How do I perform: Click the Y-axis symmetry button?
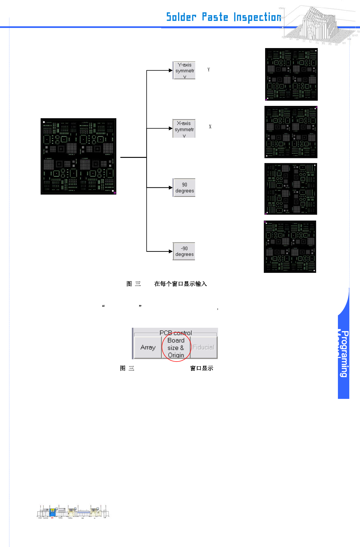[x=184, y=70]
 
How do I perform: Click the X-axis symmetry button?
[x=184, y=129]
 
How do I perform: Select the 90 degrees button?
[x=184, y=188]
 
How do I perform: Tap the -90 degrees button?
[x=184, y=251]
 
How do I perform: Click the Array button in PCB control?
[x=148, y=348]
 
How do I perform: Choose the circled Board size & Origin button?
[x=176, y=348]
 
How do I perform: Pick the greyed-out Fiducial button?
[x=203, y=348]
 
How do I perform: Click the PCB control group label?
[x=175, y=333]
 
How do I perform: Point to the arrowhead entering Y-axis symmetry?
[x=171, y=70]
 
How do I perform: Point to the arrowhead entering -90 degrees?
[x=171, y=251]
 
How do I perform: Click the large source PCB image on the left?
[x=78, y=156]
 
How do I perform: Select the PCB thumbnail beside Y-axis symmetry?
[x=291, y=74]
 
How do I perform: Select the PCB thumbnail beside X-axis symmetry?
[x=291, y=132]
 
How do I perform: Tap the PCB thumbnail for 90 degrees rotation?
[x=291, y=189]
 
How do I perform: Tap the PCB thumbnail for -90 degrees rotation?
[x=290, y=247]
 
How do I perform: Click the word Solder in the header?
[x=181, y=17]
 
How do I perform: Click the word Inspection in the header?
[x=257, y=17]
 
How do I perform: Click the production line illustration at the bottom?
[x=73, y=512]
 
